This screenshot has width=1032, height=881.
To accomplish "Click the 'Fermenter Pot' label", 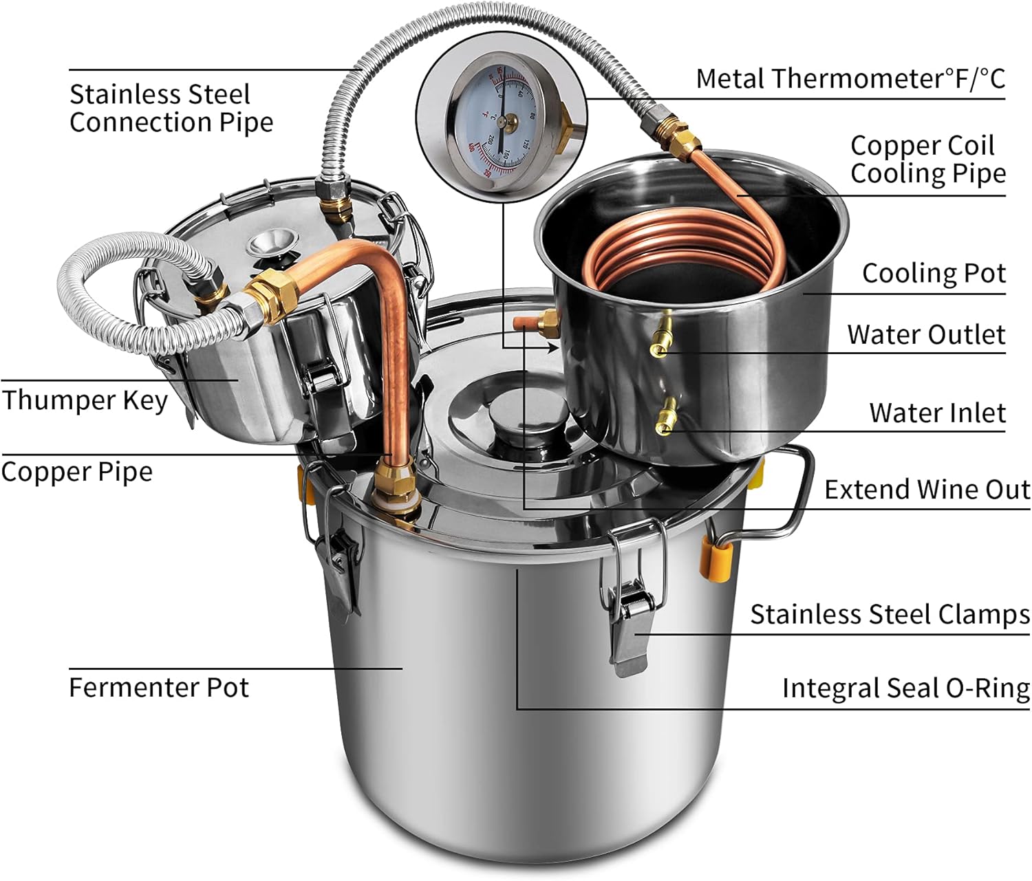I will coord(158,687).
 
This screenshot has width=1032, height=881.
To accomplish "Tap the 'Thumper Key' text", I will coord(84,400).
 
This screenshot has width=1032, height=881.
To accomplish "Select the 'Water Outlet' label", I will coord(926,334).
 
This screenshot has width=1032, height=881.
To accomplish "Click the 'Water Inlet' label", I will coord(937,413).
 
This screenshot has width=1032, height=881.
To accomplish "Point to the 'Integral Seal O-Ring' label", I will coord(905,688).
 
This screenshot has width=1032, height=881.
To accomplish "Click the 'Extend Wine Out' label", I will coord(927,490).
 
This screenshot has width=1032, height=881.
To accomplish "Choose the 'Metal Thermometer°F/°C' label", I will coord(850,78).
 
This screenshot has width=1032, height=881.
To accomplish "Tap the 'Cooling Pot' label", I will coord(934,273).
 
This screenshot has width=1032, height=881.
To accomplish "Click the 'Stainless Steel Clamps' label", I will coord(890,614).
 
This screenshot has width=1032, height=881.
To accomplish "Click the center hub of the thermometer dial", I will coord(502,122).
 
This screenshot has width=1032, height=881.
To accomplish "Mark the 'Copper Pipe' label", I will coord(76,472).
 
